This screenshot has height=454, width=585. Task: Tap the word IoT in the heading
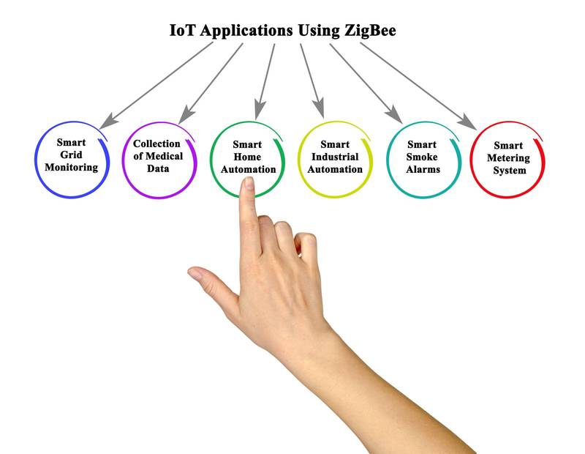pyautogui.click(x=184, y=31)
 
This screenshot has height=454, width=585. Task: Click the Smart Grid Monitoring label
pyautogui.click(x=71, y=156)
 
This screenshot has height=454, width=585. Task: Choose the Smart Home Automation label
pyautogui.click(x=246, y=157)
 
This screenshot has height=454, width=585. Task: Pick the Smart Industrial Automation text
pyautogui.click(x=334, y=157)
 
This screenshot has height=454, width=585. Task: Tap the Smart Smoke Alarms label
pyautogui.click(x=422, y=157)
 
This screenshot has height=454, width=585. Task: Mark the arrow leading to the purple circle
pyautogui.click(x=211, y=81)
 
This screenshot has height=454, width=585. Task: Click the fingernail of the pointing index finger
pyautogui.click(x=247, y=185)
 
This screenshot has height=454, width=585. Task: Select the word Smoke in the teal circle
pyautogui.click(x=422, y=157)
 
